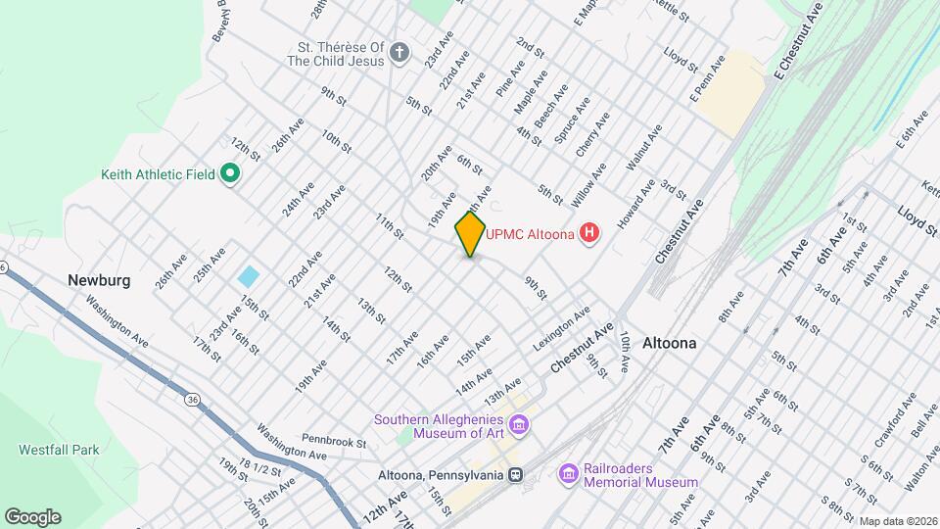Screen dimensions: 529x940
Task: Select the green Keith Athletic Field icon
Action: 230,174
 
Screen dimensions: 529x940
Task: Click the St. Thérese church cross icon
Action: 399,52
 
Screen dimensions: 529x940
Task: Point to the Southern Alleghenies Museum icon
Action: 519,425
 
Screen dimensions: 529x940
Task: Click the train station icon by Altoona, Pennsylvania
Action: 515,475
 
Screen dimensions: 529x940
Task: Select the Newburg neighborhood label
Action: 99,280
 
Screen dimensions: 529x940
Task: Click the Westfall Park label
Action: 59,451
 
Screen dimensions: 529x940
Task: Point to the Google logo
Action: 32,516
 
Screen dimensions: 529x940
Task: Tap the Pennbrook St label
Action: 333,443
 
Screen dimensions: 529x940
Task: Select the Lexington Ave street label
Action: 562,329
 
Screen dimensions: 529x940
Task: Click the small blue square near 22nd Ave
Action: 249,276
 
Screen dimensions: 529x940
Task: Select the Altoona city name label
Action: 670,343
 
